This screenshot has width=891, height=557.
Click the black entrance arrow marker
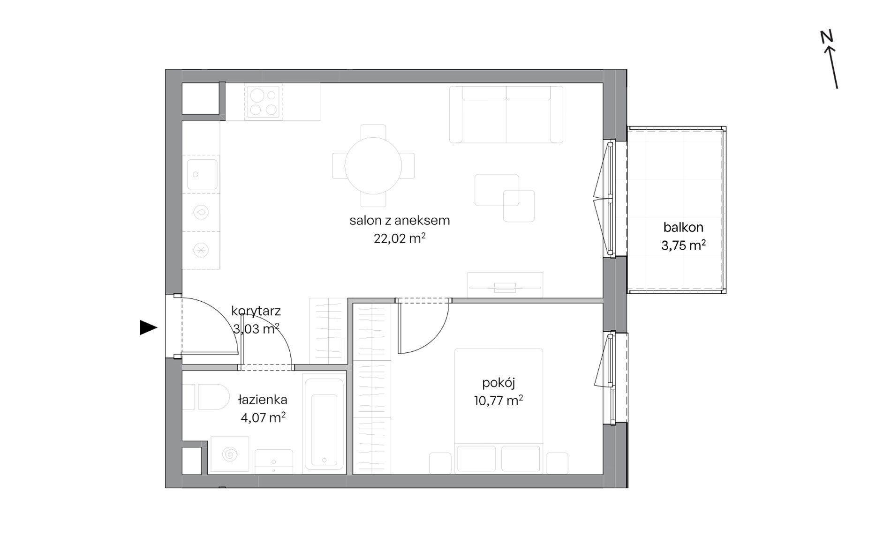click(148, 327)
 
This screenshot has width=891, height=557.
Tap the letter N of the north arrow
click(826, 37)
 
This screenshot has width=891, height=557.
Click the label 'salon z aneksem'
click(400, 221)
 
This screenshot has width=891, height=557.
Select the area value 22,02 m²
click(400, 238)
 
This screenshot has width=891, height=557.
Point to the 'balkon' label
click(683, 228)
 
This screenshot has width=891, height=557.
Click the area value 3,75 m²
click(683, 245)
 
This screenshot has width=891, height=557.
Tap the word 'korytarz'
click(256, 311)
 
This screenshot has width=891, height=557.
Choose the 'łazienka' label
click(263, 400)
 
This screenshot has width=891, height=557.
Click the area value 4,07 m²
click(263, 417)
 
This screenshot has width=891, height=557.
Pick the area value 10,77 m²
click(498, 401)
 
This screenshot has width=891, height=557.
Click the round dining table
click(373, 165)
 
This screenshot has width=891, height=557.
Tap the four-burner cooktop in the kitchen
click(263, 102)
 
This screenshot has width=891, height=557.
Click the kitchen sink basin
click(203, 174)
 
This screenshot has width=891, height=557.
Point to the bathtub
click(324, 422)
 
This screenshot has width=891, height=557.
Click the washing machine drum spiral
click(230, 454)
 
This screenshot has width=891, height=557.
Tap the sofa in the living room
click(506, 114)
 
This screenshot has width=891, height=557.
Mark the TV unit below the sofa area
click(505, 285)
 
